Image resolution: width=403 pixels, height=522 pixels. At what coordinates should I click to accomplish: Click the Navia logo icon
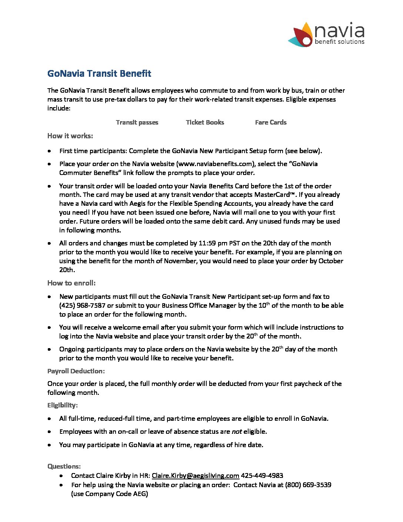(301, 35)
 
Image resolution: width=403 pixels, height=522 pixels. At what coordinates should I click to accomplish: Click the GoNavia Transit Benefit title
(99, 73)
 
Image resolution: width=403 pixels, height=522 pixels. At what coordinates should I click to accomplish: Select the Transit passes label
(137, 122)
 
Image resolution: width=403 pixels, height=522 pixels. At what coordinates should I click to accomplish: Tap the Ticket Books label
(205, 122)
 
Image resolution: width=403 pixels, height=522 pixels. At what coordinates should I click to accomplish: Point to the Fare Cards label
(271, 122)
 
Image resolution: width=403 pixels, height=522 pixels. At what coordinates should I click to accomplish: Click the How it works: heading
(70, 136)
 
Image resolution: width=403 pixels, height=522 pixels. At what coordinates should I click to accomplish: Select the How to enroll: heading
(71, 283)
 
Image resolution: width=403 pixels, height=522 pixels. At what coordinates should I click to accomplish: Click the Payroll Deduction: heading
(76, 371)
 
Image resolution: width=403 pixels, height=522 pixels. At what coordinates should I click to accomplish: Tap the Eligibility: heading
(63, 405)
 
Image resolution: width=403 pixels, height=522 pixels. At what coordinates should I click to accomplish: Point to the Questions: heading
(64, 466)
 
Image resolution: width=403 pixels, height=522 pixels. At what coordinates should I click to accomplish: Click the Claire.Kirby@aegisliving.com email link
(196, 476)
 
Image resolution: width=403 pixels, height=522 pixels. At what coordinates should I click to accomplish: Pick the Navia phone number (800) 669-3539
(308, 485)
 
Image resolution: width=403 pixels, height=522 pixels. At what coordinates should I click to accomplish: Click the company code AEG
(140, 494)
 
